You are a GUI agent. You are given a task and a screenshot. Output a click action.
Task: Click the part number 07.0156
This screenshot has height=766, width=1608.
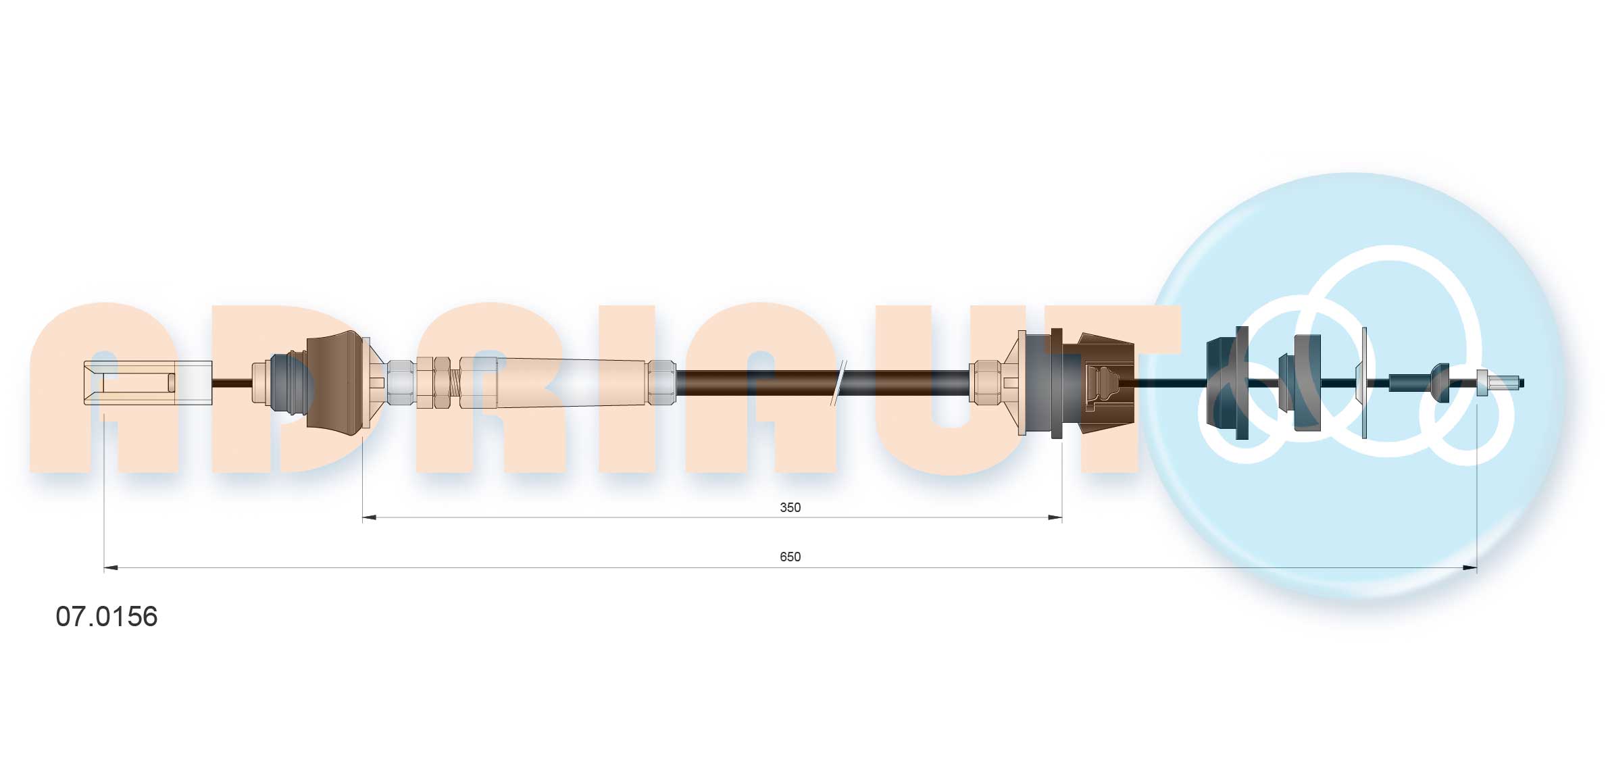coord(107,617)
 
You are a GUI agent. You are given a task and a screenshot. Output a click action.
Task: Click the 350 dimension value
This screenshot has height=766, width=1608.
coord(790,507)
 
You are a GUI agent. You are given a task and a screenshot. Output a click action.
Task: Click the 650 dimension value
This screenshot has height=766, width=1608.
coord(790,557)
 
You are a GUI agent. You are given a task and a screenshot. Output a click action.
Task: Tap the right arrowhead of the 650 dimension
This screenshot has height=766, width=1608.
coord(1469,568)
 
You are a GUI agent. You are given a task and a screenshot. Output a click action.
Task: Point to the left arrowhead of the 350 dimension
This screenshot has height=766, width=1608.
coord(370,518)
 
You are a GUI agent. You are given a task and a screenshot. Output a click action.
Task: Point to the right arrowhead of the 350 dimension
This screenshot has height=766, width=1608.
coord(1054,518)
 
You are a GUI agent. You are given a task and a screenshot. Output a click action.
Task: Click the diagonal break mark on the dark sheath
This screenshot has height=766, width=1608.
coord(838,383)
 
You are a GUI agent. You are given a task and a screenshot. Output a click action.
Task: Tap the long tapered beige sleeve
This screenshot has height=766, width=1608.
coord(571,383)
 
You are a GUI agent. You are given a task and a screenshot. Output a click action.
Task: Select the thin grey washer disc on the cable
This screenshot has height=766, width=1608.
coord(1363,383)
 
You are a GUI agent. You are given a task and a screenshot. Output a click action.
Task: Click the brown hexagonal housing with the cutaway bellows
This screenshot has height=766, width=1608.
coord(1105,383)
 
